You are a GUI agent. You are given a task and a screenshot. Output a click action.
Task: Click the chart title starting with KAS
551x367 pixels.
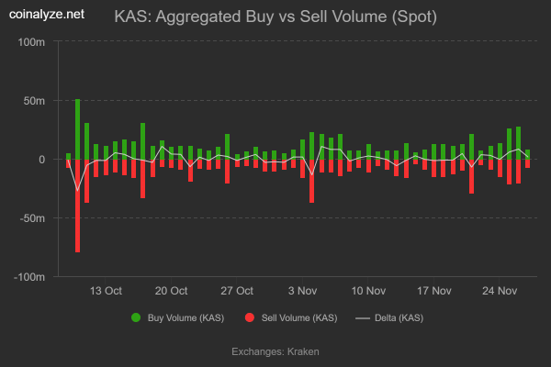coord(275,17)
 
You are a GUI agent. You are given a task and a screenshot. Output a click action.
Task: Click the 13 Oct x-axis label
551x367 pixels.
coord(106,291)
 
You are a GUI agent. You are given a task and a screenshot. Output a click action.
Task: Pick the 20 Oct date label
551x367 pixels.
coord(171,291)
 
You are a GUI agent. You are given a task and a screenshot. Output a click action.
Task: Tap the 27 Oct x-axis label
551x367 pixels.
coord(237,291)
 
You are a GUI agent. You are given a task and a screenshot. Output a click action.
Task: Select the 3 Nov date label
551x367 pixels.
coord(303,291)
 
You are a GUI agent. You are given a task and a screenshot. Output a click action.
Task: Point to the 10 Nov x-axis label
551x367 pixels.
coord(368,291)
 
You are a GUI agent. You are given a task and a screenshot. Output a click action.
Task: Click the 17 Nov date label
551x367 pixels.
coord(434,291)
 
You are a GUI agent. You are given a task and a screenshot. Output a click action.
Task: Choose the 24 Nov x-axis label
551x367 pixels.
coord(500,291)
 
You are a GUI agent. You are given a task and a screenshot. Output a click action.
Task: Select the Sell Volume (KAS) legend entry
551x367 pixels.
coord(291,317)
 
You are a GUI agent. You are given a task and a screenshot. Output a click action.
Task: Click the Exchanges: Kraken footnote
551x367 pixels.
coord(275,350)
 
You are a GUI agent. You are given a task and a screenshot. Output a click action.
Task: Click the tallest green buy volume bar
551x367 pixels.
coord(77,128)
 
